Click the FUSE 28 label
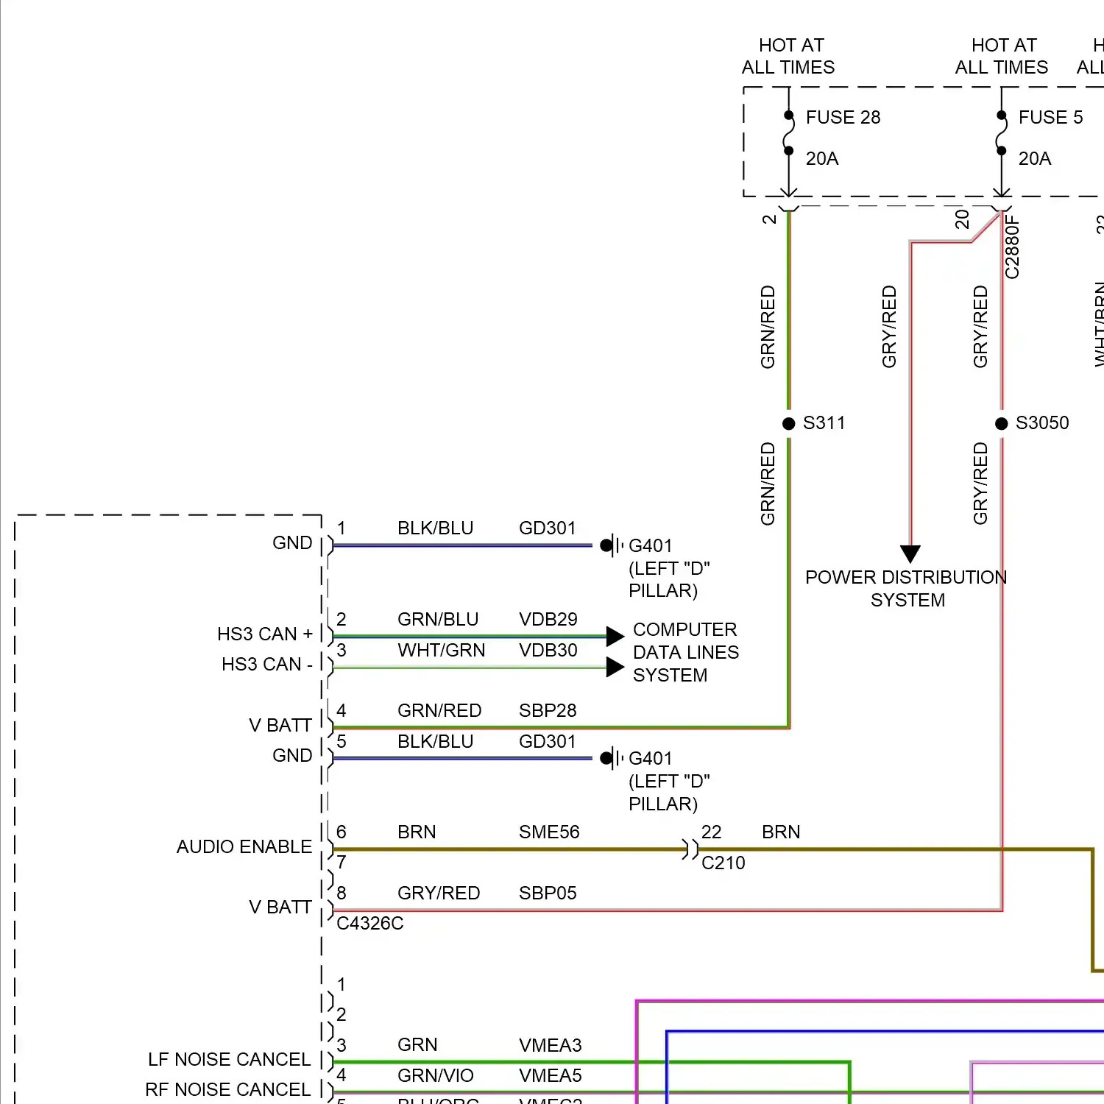pyautogui.click(x=843, y=118)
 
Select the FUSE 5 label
pyautogui.click(x=1050, y=118)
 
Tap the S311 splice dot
pyautogui.click(x=788, y=423)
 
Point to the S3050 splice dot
pyautogui.click(x=1001, y=423)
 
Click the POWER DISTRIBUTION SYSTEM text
pyautogui.click(x=906, y=589)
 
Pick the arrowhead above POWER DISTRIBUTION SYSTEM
pyautogui.click(x=910, y=553)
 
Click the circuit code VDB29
pyautogui.click(x=548, y=620)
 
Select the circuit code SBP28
pyautogui.click(x=547, y=711)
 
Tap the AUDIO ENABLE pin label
pyautogui.click(x=244, y=847)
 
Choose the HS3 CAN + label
pyautogui.click(x=265, y=634)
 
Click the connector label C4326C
pyautogui.click(x=369, y=924)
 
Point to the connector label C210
pyautogui.click(x=723, y=863)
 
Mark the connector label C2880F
pyautogui.click(x=1013, y=247)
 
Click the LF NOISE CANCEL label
pyautogui.click(x=229, y=1060)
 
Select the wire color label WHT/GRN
pyautogui.click(x=441, y=651)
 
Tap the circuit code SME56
pyautogui.click(x=549, y=832)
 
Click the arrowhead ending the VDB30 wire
pyautogui.click(x=615, y=668)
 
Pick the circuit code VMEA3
pyautogui.click(x=550, y=1046)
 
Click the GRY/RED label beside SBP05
pyautogui.click(x=439, y=894)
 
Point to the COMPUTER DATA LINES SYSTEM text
pyautogui.click(x=685, y=653)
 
